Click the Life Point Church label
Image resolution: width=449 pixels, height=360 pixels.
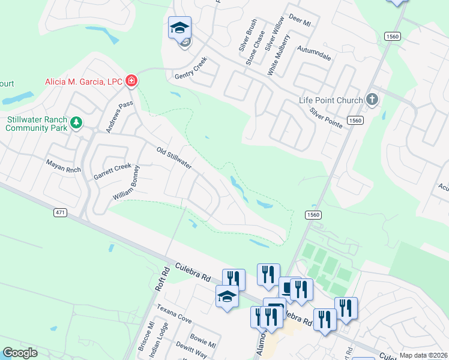[331, 100]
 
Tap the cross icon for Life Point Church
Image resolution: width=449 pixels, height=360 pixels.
[372, 99]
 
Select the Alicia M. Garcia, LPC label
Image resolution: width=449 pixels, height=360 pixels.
[83, 82]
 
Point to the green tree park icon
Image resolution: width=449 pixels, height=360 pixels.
[76, 124]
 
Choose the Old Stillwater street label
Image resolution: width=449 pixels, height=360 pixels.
[173, 158]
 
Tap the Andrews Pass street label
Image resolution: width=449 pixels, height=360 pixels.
[119, 116]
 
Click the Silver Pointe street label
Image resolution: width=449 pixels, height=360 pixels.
[326, 118]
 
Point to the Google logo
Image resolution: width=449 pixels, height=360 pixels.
[20, 353]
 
